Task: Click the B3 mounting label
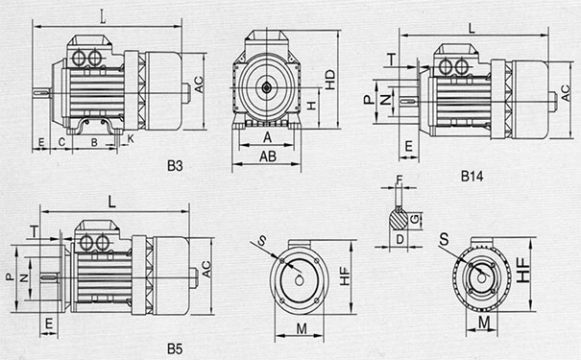(x=175, y=165)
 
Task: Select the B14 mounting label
(x=472, y=176)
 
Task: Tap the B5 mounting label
(x=175, y=348)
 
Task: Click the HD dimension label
(x=329, y=80)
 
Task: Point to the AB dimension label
(x=268, y=156)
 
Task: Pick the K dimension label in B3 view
(x=131, y=138)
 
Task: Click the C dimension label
(x=61, y=142)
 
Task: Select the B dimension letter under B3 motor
(x=94, y=142)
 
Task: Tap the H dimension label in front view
(x=312, y=106)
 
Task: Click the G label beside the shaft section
(x=416, y=219)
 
